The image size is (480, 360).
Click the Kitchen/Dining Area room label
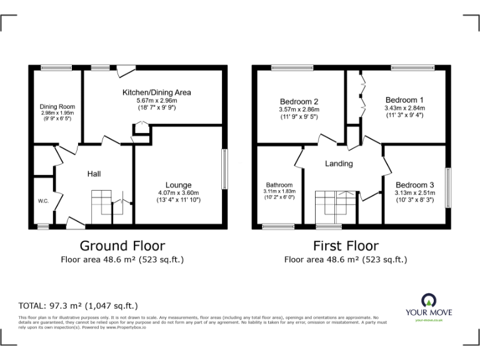(x=156, y=92)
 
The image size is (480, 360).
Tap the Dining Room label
(x=57, y=106)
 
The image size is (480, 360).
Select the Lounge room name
(x=179, y=185)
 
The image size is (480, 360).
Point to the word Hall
(x=94, y=174)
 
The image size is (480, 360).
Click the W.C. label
(x=43, y=201)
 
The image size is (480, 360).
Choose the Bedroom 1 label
(x=404, y=100)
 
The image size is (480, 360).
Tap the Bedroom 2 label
(x=299, y=101)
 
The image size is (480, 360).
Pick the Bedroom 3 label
(x=414, y=185)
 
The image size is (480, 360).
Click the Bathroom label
(x=279, y=185)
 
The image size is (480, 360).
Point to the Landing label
(x=339, y=164)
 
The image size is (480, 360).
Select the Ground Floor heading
(x=122, y=246)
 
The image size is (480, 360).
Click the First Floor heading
(x=346, y=246)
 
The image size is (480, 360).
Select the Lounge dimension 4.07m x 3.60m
(x=179, y=193)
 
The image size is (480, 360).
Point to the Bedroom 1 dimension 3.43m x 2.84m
(x=404, y=107)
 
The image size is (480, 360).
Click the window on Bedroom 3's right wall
(x=447, y=187)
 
